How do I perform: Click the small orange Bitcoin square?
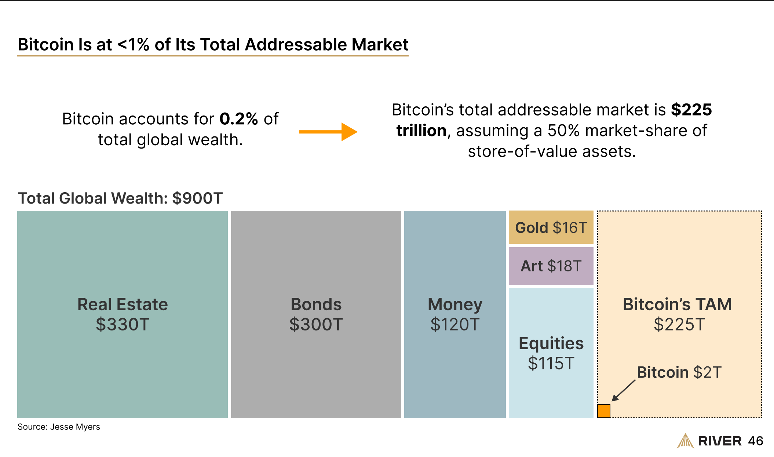(603, 411)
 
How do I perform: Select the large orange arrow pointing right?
(328, 132)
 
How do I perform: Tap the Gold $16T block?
(551, 227)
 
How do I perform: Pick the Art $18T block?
(551, 266)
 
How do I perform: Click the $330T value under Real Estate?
(123, 324)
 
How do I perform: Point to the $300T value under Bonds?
(316, 324)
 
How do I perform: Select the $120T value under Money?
(455, 324)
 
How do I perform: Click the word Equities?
(551, 344)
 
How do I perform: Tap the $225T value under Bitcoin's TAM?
(679, 324)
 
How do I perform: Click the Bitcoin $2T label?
(679, 372)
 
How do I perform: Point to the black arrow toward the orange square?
(623, 391)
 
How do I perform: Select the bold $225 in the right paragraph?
(691, 110)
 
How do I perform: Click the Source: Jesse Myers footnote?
(59, 427)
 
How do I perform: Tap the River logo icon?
(685, 441)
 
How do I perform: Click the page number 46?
(756, 441)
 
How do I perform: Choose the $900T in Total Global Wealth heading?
(197, 198)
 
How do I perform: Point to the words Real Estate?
(123, 304)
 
